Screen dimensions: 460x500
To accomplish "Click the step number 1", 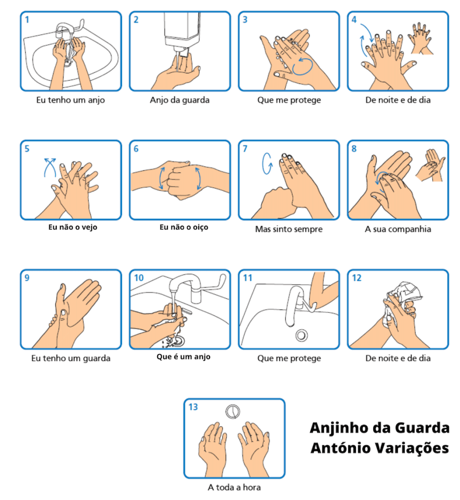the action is [x=27, y=20].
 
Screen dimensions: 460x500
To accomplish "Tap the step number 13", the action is [x=193, y=407].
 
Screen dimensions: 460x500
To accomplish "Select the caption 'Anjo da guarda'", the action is [x=180, y=100].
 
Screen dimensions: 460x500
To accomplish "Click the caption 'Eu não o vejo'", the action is [x=73, y=227].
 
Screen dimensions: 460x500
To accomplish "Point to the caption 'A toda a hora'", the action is [x=234, y=487].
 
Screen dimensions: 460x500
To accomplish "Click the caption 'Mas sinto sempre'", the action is [x=289, y=229].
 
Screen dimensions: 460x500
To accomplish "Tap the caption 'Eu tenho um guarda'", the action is [x=71, y=358].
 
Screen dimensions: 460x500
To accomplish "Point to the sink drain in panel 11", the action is [x=301, y=335].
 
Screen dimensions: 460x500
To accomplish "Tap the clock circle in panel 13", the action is [x=233, y=411].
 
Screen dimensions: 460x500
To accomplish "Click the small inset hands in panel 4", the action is [x=421, y=38].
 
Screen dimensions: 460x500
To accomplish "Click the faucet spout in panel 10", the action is [x=185, y=282].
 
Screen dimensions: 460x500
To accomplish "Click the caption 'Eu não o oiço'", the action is [x=184, y=227].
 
